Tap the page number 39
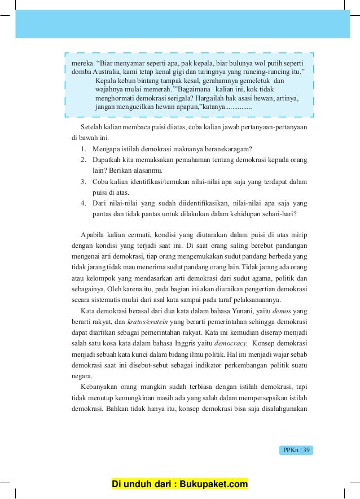click(x=306, y=450)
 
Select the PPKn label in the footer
click(x=289, y=450)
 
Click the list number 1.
click(x=82, y=149)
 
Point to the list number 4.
click(x=82, y=203)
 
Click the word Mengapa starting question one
click(x=106, y=149)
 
